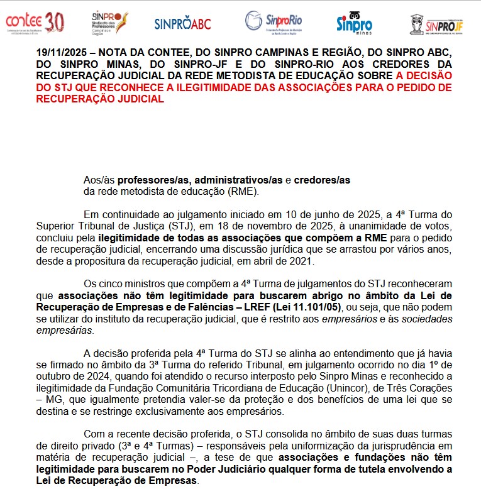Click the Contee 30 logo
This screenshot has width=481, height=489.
(35, 22)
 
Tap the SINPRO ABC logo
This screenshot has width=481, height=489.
(183, 24)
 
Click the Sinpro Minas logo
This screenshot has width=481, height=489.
(354, 23)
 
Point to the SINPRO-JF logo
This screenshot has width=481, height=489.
(437, 25)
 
